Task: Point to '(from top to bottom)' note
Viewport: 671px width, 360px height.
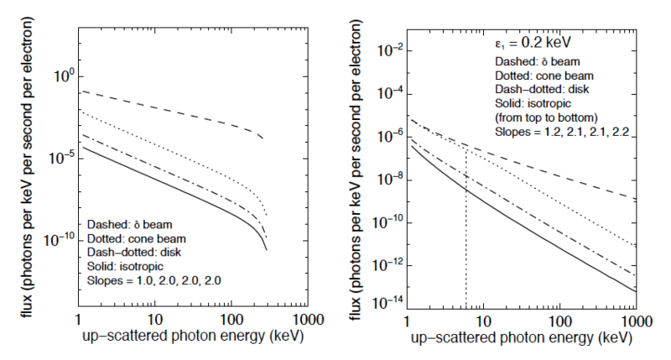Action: pos(546,117)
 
